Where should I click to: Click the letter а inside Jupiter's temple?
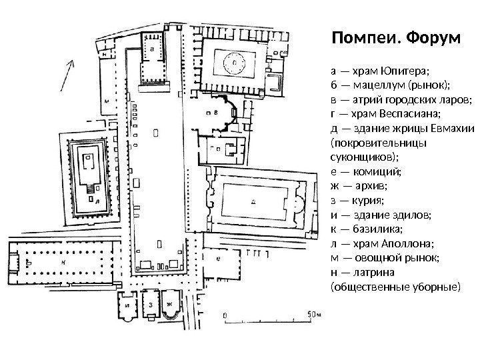coord(154,49)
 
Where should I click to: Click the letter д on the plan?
coord(251,198)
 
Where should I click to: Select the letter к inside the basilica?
coord(63,263)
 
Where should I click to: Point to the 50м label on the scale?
coord(313,313)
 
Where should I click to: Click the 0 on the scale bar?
coord(225,313)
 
